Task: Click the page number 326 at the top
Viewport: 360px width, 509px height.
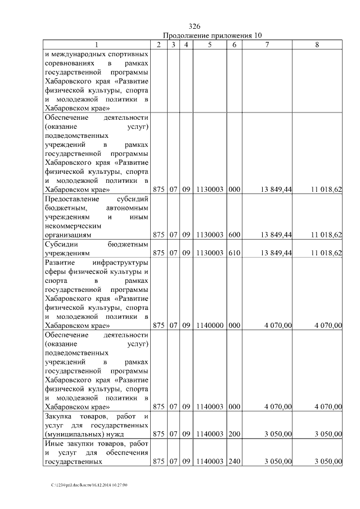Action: [x=195, y=26]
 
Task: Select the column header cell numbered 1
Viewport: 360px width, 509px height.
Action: [x=97, y=44]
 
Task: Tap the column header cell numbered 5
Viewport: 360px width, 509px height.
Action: [x=209, y=44]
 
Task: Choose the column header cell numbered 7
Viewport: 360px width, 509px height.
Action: [x=268, y=44]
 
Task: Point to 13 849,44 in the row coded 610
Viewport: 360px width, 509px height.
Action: [x=275, y=254]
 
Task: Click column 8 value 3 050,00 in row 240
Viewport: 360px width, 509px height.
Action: [x=328, y=462]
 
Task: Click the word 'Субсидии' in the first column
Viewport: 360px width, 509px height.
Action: [x=61, y=245]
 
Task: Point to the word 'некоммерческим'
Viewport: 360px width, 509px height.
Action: [x=71, y=226]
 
